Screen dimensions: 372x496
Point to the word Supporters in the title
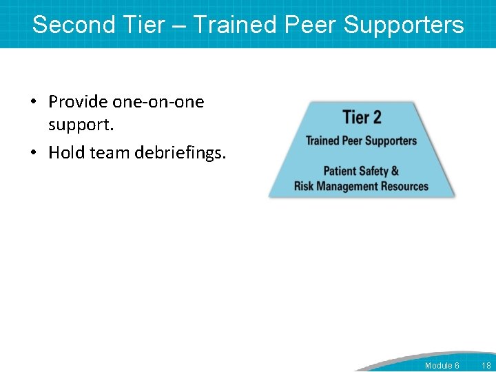pos(404,25)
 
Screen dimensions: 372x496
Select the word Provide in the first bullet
pos(78,102)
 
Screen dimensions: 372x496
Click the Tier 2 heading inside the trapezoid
pos(362,117)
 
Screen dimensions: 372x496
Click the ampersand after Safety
pos(395,171)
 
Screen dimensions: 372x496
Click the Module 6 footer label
pos(442,365)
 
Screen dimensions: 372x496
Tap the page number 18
pos(486,365)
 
